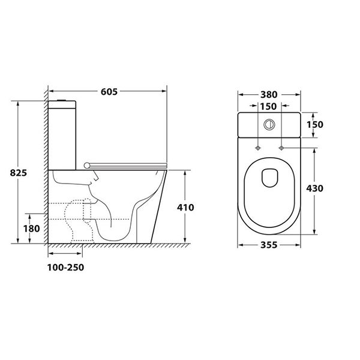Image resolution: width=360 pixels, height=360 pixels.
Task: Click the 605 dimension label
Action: (x=109, y=92)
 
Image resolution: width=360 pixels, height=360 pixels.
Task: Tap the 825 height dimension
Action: (x=19, y=173)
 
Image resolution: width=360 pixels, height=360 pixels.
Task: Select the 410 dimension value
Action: (x=185, y=208)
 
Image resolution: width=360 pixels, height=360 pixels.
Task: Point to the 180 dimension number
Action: (x=31, y=229)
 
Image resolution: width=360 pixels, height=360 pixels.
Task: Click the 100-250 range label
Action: (x=65, y=268)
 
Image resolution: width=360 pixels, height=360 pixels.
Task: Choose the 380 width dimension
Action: (x=269, y=95)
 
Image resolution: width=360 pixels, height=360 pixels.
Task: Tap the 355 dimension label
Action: (x=269, y=245)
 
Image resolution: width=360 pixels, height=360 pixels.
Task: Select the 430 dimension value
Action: (x=314, y=188)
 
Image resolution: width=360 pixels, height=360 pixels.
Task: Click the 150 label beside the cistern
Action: (x=315, y=124)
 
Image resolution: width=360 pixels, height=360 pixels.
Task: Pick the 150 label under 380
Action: (x=268, y=107)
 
